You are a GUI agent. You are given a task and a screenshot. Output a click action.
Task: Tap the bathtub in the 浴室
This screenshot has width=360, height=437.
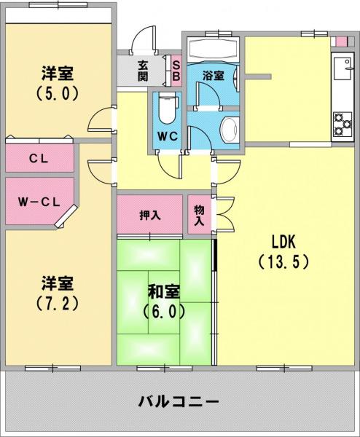tap(214, 49)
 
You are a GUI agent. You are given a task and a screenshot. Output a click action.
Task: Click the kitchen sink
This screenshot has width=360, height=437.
tap(343, 69)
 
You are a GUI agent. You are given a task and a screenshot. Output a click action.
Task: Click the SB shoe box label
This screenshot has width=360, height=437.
tap(176, 71)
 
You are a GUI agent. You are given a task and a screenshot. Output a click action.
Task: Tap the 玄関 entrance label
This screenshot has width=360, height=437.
tap(143, 71)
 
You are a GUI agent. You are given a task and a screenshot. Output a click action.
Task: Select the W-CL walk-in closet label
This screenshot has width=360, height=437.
tap(39, 202)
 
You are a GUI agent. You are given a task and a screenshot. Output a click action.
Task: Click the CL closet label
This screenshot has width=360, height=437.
tap(39, 159)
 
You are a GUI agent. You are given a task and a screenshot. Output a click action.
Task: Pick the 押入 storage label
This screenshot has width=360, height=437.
tap(150, 215)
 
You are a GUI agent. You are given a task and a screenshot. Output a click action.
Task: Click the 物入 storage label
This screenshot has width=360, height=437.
tap(199, 215)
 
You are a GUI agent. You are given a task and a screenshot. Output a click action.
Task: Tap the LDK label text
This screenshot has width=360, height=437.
tap(283, 242)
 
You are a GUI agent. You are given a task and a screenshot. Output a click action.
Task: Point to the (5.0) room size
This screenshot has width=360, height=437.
tap(57, 93)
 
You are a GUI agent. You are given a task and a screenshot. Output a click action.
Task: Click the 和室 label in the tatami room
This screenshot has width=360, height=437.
tap(164, 291)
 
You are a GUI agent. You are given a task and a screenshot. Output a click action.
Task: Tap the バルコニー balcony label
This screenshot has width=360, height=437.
tap(179, 401)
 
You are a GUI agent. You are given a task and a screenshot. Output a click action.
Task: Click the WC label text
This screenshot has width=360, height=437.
tap(168, 136)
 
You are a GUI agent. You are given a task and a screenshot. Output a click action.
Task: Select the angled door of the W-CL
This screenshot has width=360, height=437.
tap(66, 216)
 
